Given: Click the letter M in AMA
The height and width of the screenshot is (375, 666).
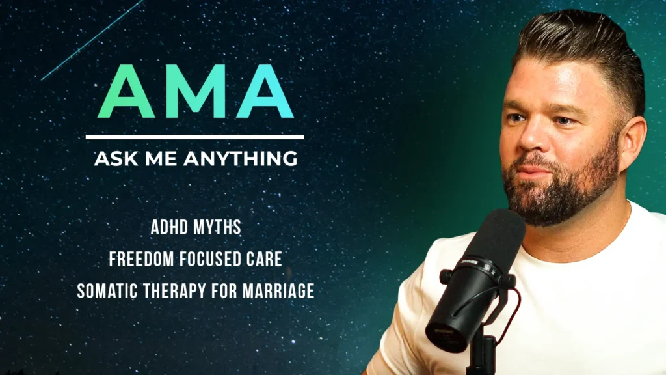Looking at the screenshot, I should tap(194, 92).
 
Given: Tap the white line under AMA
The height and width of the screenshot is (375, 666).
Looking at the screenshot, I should tap(194, 137).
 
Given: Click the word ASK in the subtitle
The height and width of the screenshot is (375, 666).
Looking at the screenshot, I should tap(112, 158).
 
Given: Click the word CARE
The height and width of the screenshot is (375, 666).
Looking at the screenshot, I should tap(266, 259).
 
